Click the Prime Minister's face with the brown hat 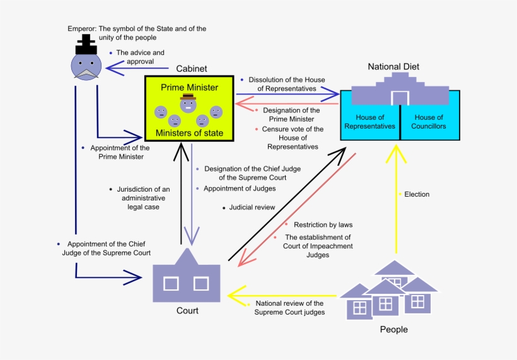pos(187,105)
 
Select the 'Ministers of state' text pos(189,132)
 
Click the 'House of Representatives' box pos(369,122)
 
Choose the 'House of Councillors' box pos(429,122)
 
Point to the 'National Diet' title pos(393,66)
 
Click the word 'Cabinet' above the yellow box pos(192,68)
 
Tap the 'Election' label pos(416,194)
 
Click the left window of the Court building pos(170,284)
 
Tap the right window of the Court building pos(201,284)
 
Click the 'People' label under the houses pos(393,329)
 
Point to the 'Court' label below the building pos(187,310)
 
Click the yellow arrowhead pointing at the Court pos(236,294)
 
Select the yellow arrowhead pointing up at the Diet pos(397,153)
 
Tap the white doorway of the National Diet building pos(400,98)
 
